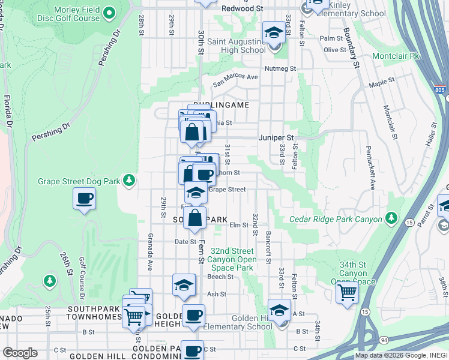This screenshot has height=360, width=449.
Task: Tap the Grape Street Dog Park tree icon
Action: pos(128,180)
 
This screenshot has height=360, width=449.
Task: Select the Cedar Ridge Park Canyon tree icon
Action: pos(391,217)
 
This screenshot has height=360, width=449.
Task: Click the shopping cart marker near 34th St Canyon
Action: pos(347,292)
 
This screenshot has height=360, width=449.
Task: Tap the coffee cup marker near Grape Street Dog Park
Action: pos(84,198)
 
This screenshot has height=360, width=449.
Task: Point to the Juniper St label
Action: pos(276,137)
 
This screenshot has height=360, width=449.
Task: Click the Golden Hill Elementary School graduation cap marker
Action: pos(279,310)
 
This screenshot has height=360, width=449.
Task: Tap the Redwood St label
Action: pos(243,9)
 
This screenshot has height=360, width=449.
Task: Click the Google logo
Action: pos(20,353)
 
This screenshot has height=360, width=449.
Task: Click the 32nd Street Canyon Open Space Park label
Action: pos(230,259)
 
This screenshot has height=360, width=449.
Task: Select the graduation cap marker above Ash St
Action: pos(184,285)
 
